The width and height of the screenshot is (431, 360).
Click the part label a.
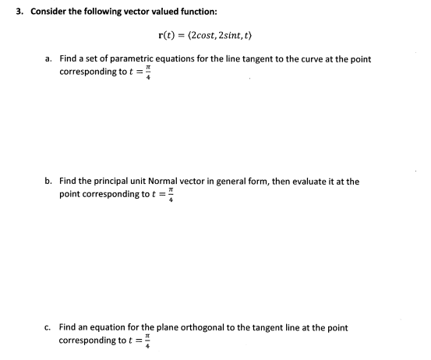tap(48, 59)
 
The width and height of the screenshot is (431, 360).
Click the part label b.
tap(48, 181)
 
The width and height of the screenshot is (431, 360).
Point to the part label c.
tap(48, 328)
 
